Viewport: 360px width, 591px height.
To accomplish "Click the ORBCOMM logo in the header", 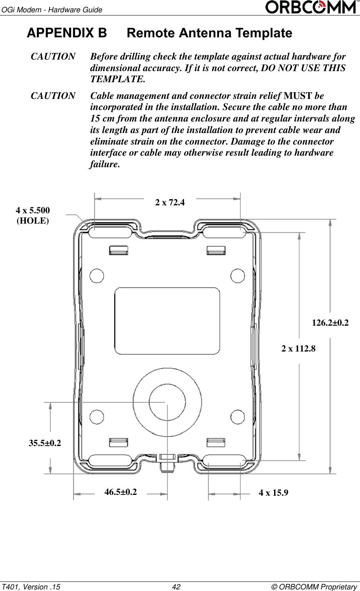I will point(311,7).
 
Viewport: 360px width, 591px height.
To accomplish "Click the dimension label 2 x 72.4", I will point(170,203).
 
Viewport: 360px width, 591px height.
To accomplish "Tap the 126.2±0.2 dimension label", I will point(330,323).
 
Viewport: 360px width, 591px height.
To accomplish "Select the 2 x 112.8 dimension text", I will point(298,349).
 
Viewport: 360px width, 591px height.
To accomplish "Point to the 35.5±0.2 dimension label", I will point(45,443).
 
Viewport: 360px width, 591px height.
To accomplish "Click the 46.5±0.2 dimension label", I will point(120,492).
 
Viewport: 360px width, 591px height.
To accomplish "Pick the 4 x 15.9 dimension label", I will point(273,493).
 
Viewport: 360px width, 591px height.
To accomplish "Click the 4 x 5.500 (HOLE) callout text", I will point(33,216).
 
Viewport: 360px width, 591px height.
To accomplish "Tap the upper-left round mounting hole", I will point(97,276).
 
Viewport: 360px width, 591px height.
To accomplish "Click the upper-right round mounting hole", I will point(238,276).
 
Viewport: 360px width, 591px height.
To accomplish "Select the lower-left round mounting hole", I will point(97,417).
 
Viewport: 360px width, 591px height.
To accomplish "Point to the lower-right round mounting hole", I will point(238,417).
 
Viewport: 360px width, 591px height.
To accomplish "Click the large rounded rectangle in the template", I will point(167,321).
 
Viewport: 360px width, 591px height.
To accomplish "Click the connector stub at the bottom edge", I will point(167,463).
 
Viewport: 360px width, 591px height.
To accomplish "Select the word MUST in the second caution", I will point(298,96).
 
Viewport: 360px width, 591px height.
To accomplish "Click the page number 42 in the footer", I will point(176,587).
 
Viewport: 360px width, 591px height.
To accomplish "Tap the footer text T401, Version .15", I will point(31,587).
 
